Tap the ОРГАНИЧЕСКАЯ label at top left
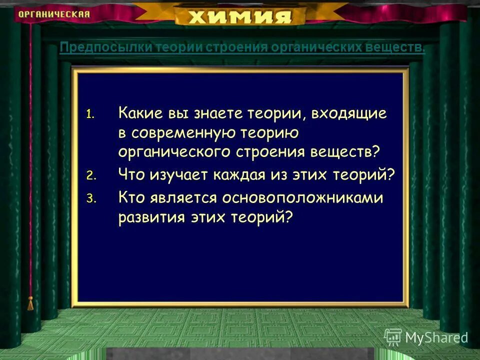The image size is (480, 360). coord(54,14)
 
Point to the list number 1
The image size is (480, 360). coord(89,114)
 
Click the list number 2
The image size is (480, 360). coord(90,175)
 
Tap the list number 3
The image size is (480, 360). coord(90,199)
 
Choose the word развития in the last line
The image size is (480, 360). coord(149,217)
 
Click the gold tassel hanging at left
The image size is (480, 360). coord(30,303)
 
